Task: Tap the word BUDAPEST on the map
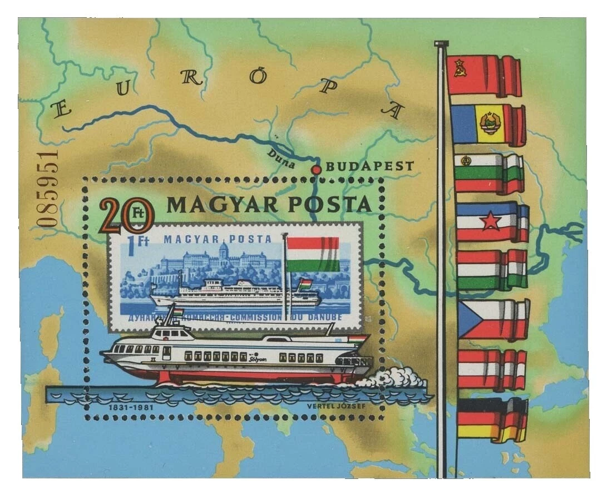[x=369, y=166]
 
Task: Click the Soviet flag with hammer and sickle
[x=483, y=75]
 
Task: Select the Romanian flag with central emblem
[x=487, y=123]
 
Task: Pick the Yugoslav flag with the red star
[x=491, y=221]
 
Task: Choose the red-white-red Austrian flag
[x=491, y=369]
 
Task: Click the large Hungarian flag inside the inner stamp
[x=313, y=254]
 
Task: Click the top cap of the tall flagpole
[x=441, y=43]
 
